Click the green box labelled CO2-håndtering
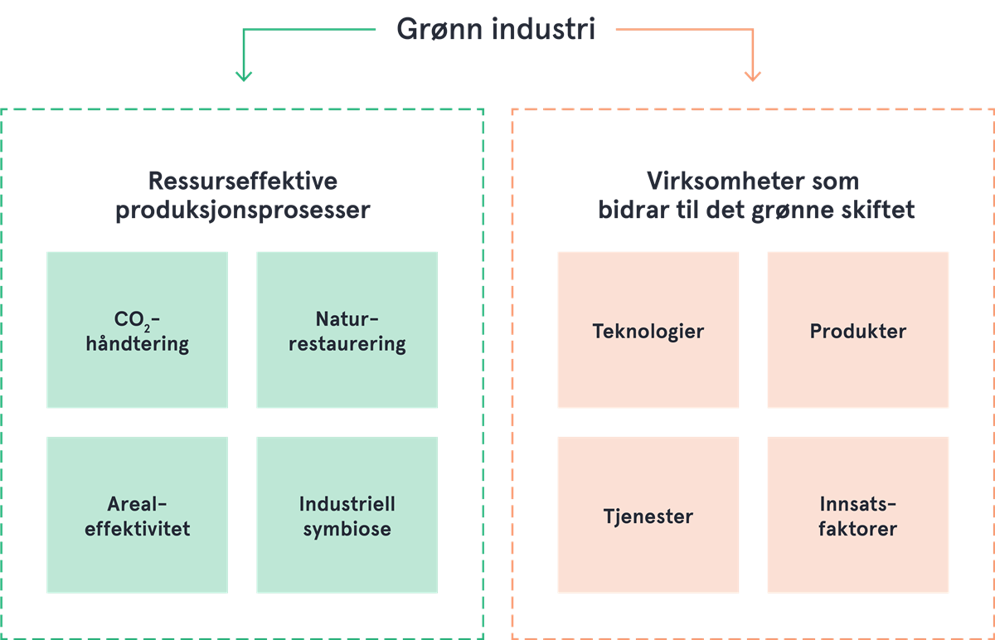point(137,330)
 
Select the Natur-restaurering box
point(347,330)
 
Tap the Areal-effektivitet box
point(137,515)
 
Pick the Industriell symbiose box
point(347,515)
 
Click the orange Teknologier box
point(648,330)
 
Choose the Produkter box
point(857,330)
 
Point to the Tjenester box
point(648,515)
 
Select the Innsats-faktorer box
point(857,515)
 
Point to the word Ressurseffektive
point(242,182)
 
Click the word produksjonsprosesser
point(242,211)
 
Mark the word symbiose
point(347,529)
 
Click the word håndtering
point(138,344)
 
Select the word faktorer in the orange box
point(857,529)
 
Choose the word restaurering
point(347,344)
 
